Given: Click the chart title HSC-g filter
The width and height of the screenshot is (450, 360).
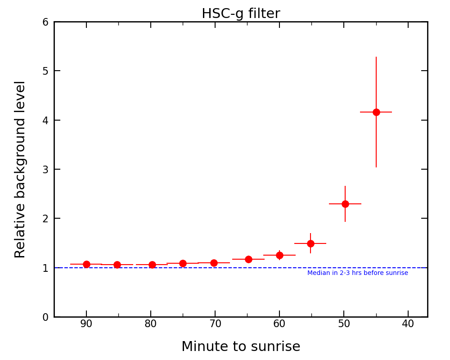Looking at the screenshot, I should (x=241, y=13).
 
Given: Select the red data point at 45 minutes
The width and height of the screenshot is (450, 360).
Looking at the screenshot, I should (x=376, y=112).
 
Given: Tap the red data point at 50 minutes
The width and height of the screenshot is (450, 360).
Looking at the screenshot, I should (x=345, y=204).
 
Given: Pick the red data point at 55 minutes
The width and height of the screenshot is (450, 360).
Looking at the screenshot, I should (x=310, y=243).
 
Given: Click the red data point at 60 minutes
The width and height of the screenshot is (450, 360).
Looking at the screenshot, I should (x=279, y=255).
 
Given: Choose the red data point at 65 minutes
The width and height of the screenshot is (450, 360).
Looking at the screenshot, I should (x=248, y=259).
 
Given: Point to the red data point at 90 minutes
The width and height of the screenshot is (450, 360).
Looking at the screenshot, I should (x=86, y=264).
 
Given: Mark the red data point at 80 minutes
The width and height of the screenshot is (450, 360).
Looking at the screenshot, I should (x=152, y=265).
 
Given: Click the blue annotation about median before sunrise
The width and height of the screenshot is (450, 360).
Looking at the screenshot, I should (x=358, y=273).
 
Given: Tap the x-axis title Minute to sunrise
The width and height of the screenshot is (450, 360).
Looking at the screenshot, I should (x=241, y=347).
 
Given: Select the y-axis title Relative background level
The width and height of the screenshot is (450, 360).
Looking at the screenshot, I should (x=20, y=169).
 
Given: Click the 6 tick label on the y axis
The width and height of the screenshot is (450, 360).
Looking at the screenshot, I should (x=45, y=22).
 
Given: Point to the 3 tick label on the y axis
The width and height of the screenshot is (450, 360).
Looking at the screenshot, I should (x=45, y=170).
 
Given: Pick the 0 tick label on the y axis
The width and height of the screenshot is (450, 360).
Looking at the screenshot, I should (x=45, y=317).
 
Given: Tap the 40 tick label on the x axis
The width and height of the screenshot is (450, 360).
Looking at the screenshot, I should (x=408, y=324).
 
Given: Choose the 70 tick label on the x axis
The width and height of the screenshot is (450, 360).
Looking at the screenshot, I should (x=215, y=324).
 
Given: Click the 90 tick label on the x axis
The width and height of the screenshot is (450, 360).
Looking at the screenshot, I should (x=86, y=324).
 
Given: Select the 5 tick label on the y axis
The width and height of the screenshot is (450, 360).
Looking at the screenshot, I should (x=45, y=71).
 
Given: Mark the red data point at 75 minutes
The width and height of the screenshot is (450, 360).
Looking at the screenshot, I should (x=183, y=263).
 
